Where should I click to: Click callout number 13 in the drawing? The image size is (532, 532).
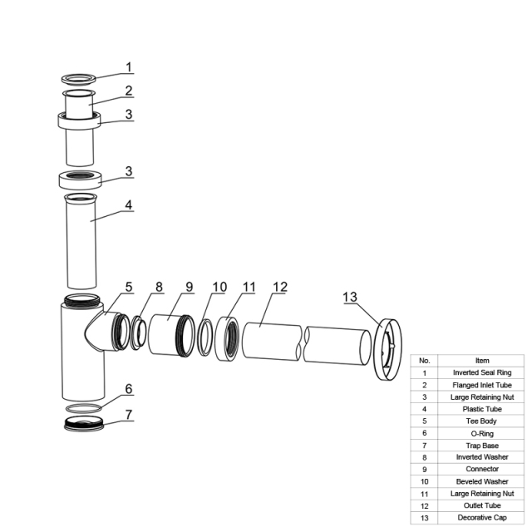350,297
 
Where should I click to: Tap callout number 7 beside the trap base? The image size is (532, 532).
129,414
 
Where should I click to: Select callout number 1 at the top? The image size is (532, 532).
129,67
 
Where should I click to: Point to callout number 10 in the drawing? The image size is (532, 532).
219,287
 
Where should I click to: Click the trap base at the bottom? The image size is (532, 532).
84,424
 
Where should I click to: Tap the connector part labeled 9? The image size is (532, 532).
172,335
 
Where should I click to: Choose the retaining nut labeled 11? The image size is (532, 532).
227,339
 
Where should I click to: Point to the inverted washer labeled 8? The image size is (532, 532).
138,332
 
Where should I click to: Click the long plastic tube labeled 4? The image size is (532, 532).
81,241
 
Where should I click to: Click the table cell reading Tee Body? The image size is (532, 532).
481,421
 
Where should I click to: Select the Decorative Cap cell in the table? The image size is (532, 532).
481,518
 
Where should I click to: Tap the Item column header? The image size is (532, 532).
481,361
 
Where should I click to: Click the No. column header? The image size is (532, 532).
425,361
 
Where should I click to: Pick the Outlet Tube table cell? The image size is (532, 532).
481,505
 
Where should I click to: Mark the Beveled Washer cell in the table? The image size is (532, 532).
481,481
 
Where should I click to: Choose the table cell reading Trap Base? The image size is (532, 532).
481,446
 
